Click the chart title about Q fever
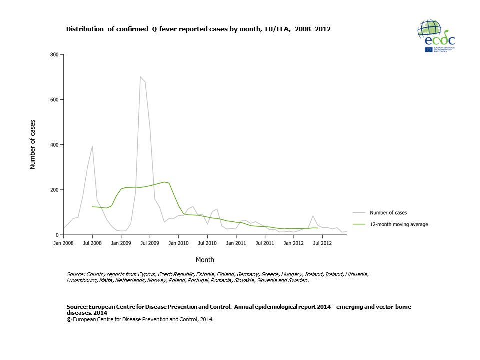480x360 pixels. coord(198,29)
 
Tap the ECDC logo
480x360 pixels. coord(435,37)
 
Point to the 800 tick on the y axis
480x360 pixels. coord(54,54)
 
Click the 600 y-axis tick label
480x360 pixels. coord(54,100)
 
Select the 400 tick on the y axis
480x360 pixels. coord(54,145)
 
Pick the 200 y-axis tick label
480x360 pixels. coord(54,190)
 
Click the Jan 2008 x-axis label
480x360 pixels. coord(63,243)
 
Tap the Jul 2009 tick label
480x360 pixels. coord(150,243)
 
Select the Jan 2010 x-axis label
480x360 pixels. coord(178,243)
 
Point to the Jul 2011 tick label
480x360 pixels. coord(265,243)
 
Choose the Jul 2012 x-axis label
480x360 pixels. coord(322,243)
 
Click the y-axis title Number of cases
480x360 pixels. coord(33,145)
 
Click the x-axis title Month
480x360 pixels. coord(205,260)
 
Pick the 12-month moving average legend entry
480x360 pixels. coord(398,224)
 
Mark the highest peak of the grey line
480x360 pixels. coord(140,77)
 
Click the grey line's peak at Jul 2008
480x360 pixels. coord(92,146)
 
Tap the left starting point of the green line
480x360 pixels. coord(92,206)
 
